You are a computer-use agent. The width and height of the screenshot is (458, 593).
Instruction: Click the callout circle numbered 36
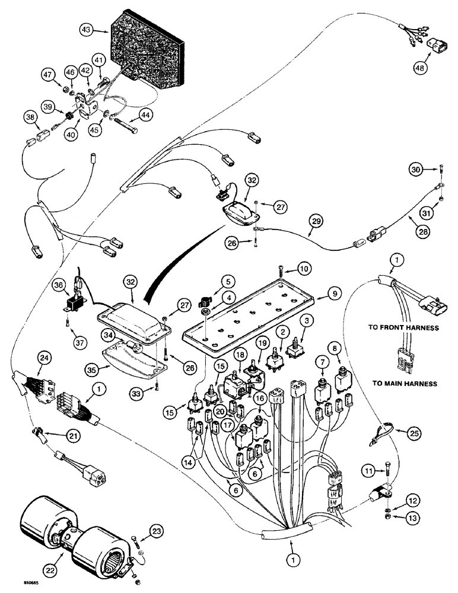58,286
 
